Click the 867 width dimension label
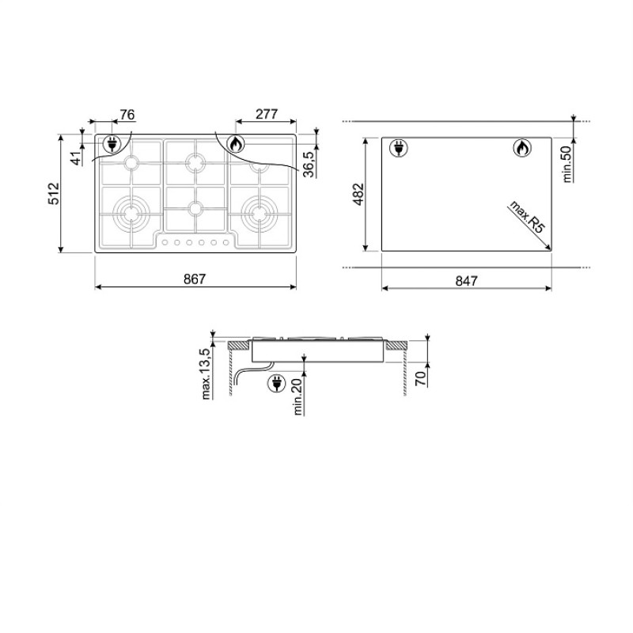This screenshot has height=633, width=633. (x=195, y=279)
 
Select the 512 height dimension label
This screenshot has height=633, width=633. (x=54, y=193)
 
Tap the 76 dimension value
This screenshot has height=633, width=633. (x=127, y=115)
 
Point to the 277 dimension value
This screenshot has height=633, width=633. (x=267, y=114)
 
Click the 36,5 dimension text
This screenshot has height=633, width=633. (x=309, y=165)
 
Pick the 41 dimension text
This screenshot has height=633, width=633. (x=75, y=158)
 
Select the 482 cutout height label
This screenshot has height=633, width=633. (x=358, y=194)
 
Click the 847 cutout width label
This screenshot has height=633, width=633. (x=466, y=281)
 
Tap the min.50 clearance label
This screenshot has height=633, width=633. (x=567, y=164)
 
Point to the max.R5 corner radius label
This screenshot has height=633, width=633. (x=527, y=216)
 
